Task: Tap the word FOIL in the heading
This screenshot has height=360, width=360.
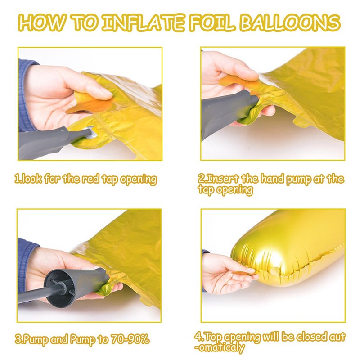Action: click(212, 23)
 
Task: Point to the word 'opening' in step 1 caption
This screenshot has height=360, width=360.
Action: click(139, 180)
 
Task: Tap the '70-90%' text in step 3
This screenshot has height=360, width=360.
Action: click(130, 339)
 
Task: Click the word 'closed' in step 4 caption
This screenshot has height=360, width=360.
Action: click(311, 337)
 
